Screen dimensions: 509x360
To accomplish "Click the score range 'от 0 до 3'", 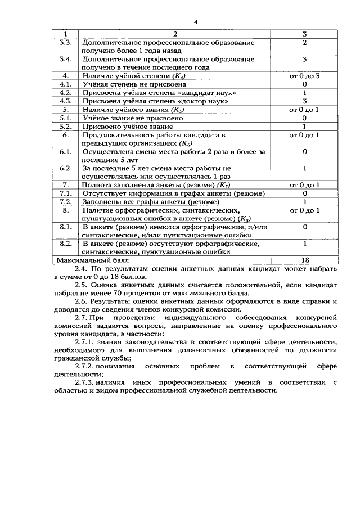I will tap(304, 75).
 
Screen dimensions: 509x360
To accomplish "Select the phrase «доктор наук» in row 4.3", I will tap(205, 101).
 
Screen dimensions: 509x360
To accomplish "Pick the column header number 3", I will tap(304, 34).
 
